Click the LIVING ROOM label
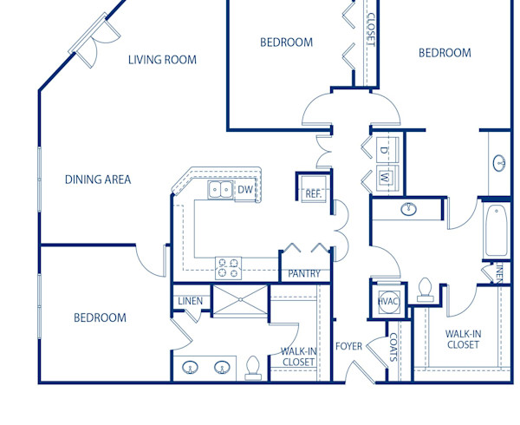[x=162, y=60]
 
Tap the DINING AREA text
[x=98, y=180]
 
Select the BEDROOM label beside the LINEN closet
[x=99, y=317]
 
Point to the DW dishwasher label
[x=245, y=189]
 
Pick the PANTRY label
[x=304, y=273]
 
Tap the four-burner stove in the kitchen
[x=227, y=268]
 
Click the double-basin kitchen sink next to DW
[x=219, y=190]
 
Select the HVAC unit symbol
[x=387, y=300]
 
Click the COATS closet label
[x=393, y=347]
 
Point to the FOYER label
[x=348, y=347]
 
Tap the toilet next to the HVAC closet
[x=425, y=290]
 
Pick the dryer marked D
[x=385, y=149]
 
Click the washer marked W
[x=385, y=178]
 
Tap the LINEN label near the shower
[x=190, y=301]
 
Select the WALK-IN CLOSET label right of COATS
[x=463, y=339]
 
